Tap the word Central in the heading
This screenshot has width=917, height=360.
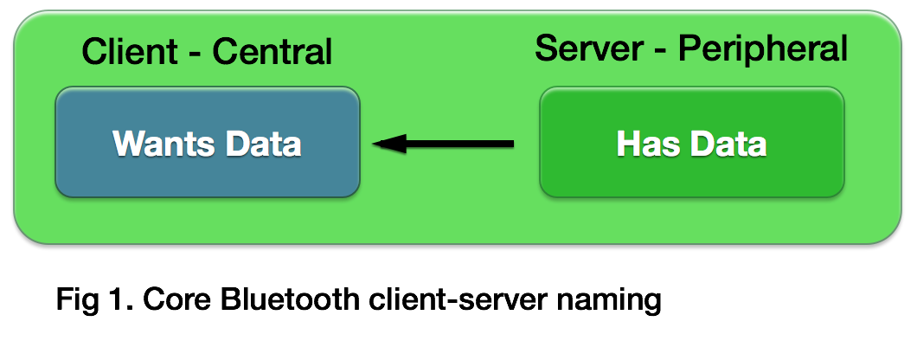(273, 52)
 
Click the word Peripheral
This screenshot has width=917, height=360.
(762, 50)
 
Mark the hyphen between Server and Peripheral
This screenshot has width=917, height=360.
(661, 50)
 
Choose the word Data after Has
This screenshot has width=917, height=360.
(728, 144)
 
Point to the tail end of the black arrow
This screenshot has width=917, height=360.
(512, 144)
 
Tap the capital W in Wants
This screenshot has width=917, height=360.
(127, 144)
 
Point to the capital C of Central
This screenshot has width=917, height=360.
(223, 52)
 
